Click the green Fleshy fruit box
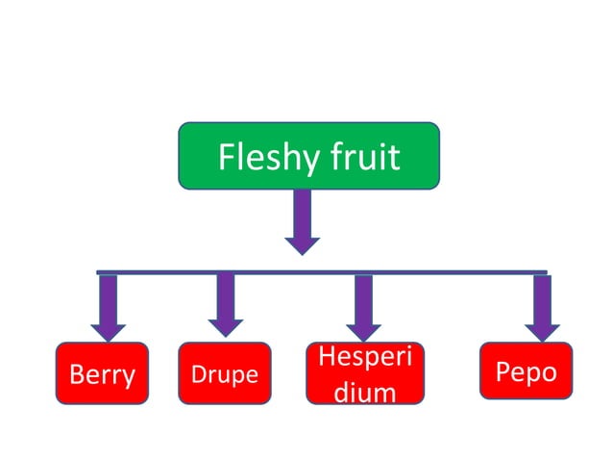308,155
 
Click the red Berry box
102,372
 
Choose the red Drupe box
225,372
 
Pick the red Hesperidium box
364,372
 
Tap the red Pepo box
526,371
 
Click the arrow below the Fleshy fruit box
303,221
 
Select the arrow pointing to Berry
109,306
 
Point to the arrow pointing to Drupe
226,304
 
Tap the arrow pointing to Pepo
543,306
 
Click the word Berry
102,374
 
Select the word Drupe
225,374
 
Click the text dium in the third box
364,392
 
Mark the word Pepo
526,371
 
